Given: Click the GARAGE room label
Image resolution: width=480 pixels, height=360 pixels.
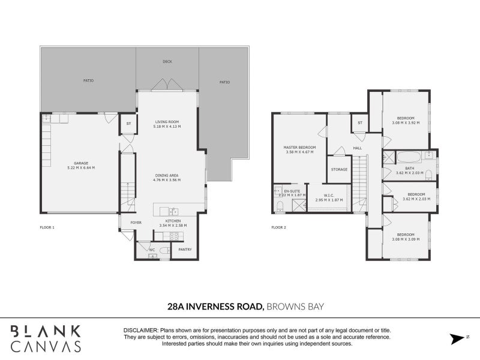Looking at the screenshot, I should tap(81, 163).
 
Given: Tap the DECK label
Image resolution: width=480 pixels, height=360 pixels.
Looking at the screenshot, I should tap(167, 62).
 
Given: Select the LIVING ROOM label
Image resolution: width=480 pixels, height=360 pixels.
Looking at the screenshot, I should tap(167, 122).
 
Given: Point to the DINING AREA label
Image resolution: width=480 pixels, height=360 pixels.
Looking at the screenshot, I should tap(167, 175).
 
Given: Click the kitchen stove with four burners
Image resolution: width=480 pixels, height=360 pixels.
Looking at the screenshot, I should tap(174, 236).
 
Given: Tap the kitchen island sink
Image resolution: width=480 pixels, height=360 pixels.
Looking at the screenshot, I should tap(173, 211).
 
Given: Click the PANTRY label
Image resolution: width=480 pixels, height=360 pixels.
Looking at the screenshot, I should tap(185, 250).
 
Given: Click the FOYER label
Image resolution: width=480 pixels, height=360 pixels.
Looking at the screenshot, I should tap(136, 222).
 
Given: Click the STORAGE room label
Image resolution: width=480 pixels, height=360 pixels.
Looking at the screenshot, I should tap(339, 170).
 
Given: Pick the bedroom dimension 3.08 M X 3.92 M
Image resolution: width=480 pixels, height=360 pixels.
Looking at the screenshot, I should tap(405, 122).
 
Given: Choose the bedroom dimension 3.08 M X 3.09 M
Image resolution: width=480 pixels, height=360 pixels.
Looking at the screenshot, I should tap(405, 240).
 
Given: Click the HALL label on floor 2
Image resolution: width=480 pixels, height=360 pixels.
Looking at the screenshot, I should tap(358, 148).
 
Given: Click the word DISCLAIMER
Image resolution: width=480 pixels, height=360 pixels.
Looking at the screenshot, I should tap(140, 331).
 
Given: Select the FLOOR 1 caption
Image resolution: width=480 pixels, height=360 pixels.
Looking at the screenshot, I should tap(47, 227).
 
